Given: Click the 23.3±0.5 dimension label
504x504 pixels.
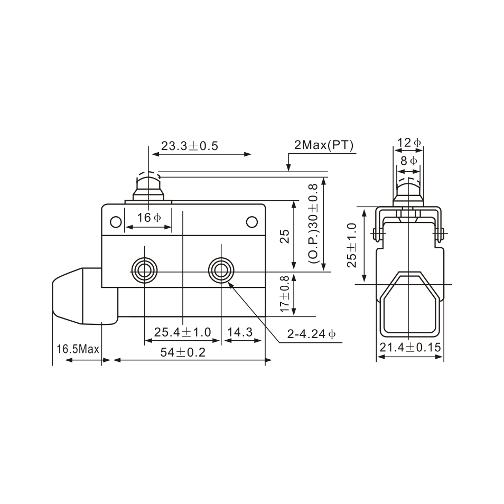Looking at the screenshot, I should click(x=190, y=146).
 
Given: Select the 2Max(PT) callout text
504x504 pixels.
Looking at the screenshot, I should click(x=324, y=146).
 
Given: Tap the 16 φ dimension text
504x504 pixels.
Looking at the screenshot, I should click(x=148, y=218).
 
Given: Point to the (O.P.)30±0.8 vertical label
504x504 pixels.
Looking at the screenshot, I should click(x=313, y=224).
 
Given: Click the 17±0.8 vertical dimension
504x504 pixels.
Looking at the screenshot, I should click(x=285, y=294).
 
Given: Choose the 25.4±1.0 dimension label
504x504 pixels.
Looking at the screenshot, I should click(x=182, y=332).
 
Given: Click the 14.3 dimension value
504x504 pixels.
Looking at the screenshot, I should click(x=240, y=332).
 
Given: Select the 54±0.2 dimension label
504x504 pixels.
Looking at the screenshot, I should click(x=183, y=353).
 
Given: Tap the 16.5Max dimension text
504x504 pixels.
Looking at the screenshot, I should click(x=78, y=349).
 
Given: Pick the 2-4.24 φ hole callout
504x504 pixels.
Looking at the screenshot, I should click(x=311, y=334).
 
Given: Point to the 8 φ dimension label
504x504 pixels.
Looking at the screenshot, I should click(x=408, y=161).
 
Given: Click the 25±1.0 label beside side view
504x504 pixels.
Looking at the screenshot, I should click(x=353, y=245).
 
